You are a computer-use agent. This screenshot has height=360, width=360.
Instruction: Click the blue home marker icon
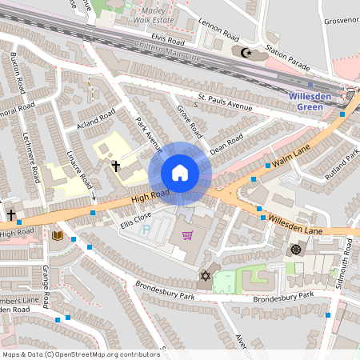[180, 173]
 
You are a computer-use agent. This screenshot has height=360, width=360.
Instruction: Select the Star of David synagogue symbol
[204, 277]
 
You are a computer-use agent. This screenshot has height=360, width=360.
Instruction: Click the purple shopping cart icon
[188, 235]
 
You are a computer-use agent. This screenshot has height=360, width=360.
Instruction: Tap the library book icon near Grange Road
[57, 235]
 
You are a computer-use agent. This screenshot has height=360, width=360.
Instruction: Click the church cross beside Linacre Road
[116, 166]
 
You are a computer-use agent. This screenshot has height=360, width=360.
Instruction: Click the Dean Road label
[226, 145]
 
